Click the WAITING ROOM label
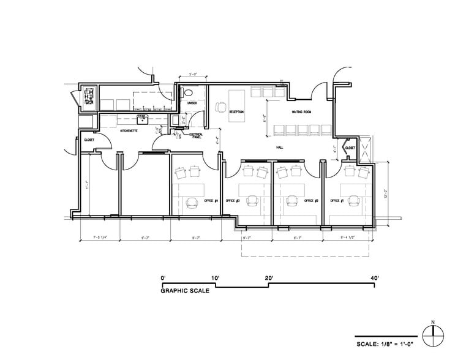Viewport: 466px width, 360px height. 302,112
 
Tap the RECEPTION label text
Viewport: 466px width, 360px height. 236,112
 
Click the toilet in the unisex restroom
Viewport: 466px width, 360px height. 189,92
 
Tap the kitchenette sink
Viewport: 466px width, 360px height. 141,119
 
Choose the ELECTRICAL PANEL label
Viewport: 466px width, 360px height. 197,135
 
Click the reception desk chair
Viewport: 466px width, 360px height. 219,108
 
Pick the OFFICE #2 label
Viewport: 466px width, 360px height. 311,201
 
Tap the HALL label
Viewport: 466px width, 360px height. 280,148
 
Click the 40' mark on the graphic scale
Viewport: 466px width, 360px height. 374,278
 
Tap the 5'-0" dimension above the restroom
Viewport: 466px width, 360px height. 193,75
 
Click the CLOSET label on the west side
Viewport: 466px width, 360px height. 88,140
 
